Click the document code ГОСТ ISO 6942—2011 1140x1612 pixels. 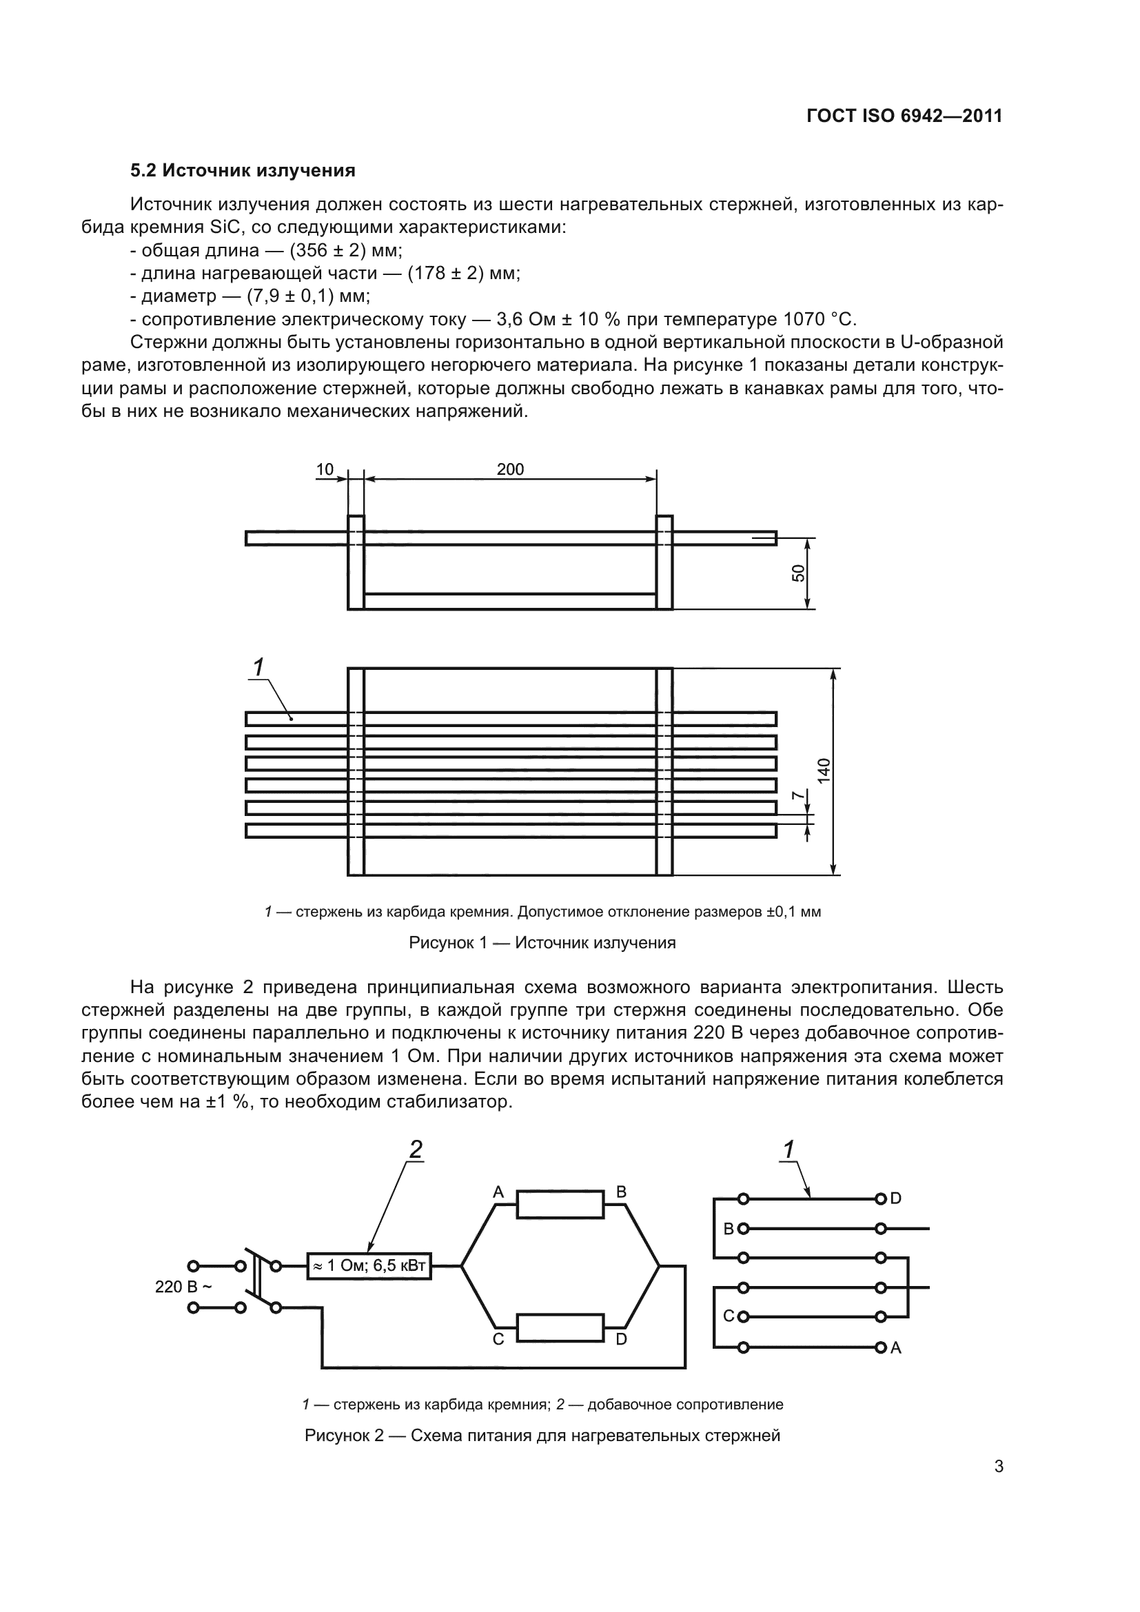[904, 116]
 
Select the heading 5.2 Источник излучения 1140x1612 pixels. [243, 171]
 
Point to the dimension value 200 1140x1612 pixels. [510, 470]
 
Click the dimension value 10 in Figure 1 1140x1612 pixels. [325, 470]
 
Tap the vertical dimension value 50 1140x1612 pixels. [798, 573]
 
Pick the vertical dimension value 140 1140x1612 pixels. [824, 771]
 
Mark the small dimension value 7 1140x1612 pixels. [797, 795]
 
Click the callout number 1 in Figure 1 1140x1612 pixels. [258, 667]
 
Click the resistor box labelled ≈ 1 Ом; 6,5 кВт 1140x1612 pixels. [369, 1266]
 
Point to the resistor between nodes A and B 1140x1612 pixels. [560, 1204]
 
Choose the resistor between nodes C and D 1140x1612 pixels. [560, 1327]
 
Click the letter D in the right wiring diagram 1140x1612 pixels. [896, 1198]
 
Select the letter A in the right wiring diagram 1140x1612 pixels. [896, 1348]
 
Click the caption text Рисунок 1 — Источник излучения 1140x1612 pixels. [542, 943]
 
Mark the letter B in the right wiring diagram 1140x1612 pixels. [729, 1230]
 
